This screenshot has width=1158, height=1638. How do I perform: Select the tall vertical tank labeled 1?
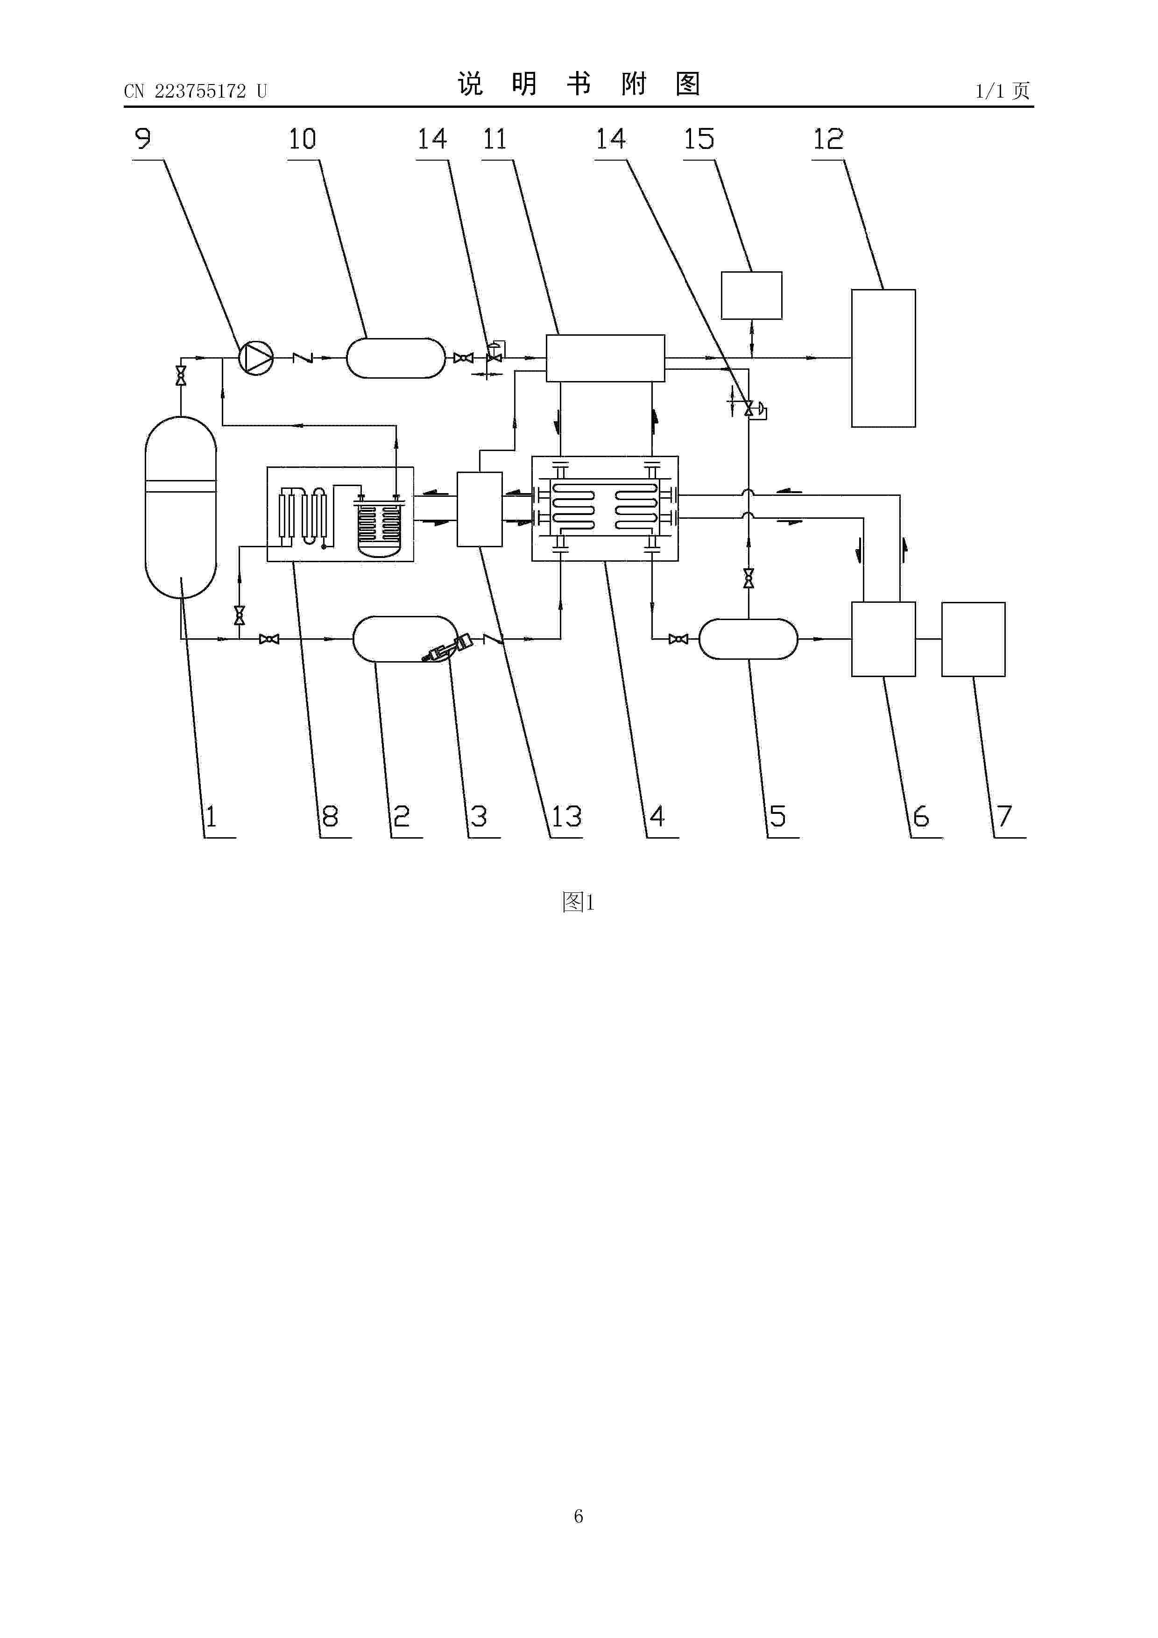181,507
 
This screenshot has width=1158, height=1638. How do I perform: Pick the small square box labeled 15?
751,296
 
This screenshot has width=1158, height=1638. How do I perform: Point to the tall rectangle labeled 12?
883,358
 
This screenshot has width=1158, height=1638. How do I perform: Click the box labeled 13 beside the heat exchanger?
480,509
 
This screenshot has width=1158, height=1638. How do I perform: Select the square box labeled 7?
973,639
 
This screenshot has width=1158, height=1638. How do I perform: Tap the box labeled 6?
883,639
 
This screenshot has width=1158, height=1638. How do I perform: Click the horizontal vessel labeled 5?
748,639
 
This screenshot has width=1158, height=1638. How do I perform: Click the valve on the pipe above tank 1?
181,376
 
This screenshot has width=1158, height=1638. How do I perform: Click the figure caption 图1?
578,903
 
